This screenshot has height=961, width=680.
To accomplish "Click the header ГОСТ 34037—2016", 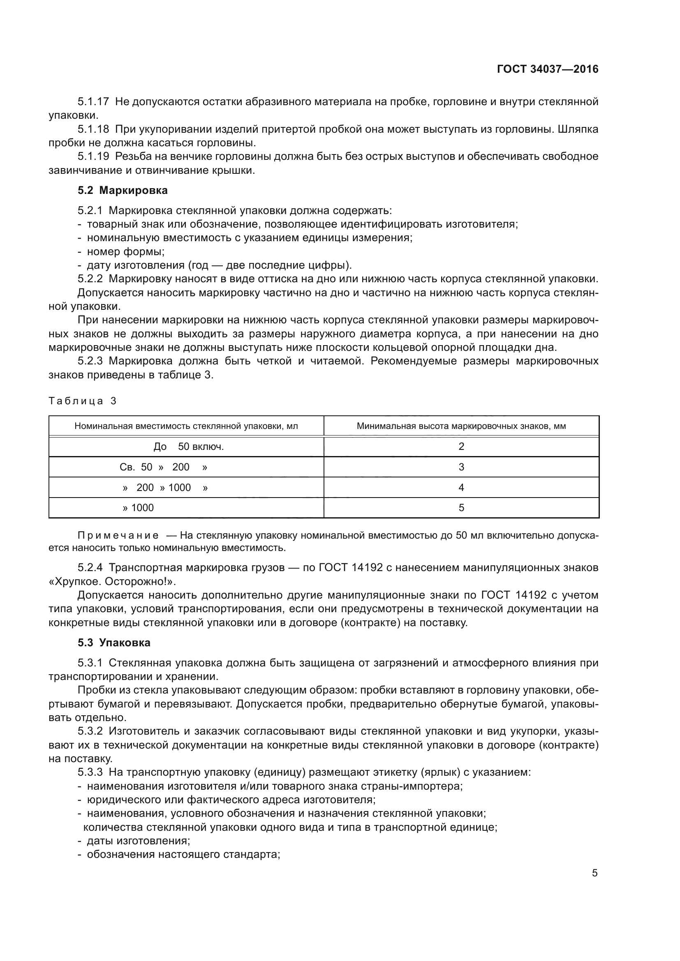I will [548, 69].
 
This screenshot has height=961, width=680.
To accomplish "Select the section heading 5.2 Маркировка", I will [122, 191].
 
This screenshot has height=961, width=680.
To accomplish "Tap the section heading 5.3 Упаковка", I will [114, 643].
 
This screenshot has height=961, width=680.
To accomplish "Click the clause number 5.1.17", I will [93, 102].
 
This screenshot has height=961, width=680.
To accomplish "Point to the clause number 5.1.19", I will [93, 157].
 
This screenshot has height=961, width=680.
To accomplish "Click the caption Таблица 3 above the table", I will [83, 401].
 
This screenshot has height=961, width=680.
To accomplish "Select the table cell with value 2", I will [461, 447].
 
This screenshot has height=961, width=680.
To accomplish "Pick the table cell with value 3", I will [461, 467].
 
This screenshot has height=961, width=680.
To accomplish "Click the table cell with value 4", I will [461, 488].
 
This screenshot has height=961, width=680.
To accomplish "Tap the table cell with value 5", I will [461, 508].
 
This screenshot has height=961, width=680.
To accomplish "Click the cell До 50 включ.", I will [188, 447].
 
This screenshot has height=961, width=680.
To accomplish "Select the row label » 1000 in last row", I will [138, 508].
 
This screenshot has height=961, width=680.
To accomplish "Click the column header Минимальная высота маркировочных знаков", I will [461, 426].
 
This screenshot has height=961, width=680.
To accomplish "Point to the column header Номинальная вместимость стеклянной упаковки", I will [186, 426].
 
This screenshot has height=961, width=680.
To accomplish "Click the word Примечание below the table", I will [118, 536].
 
